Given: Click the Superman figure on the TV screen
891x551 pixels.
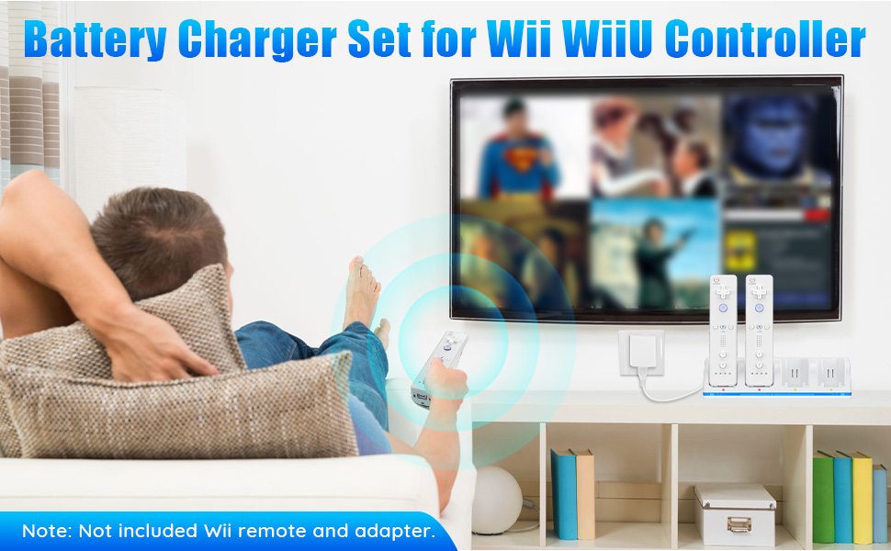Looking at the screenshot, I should [518, 151].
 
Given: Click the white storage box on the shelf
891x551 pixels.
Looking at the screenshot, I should [735, 514].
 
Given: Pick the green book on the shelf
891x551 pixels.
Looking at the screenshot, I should [822, 497].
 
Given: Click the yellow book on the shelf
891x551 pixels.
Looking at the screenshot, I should [862, 497].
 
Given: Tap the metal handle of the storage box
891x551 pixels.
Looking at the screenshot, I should [736, 525].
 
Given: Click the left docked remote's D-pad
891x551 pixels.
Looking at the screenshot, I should [723, 293].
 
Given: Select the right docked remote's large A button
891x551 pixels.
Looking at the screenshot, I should [759, 309].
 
